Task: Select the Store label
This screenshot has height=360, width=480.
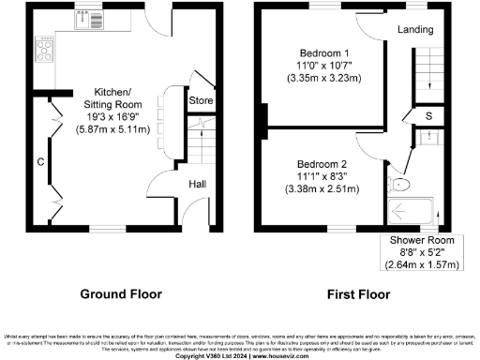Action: [201, 98]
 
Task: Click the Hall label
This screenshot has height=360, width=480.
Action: [198, 184]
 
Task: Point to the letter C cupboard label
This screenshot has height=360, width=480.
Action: [41, 160]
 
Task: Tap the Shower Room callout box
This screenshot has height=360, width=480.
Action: [426, 253]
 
